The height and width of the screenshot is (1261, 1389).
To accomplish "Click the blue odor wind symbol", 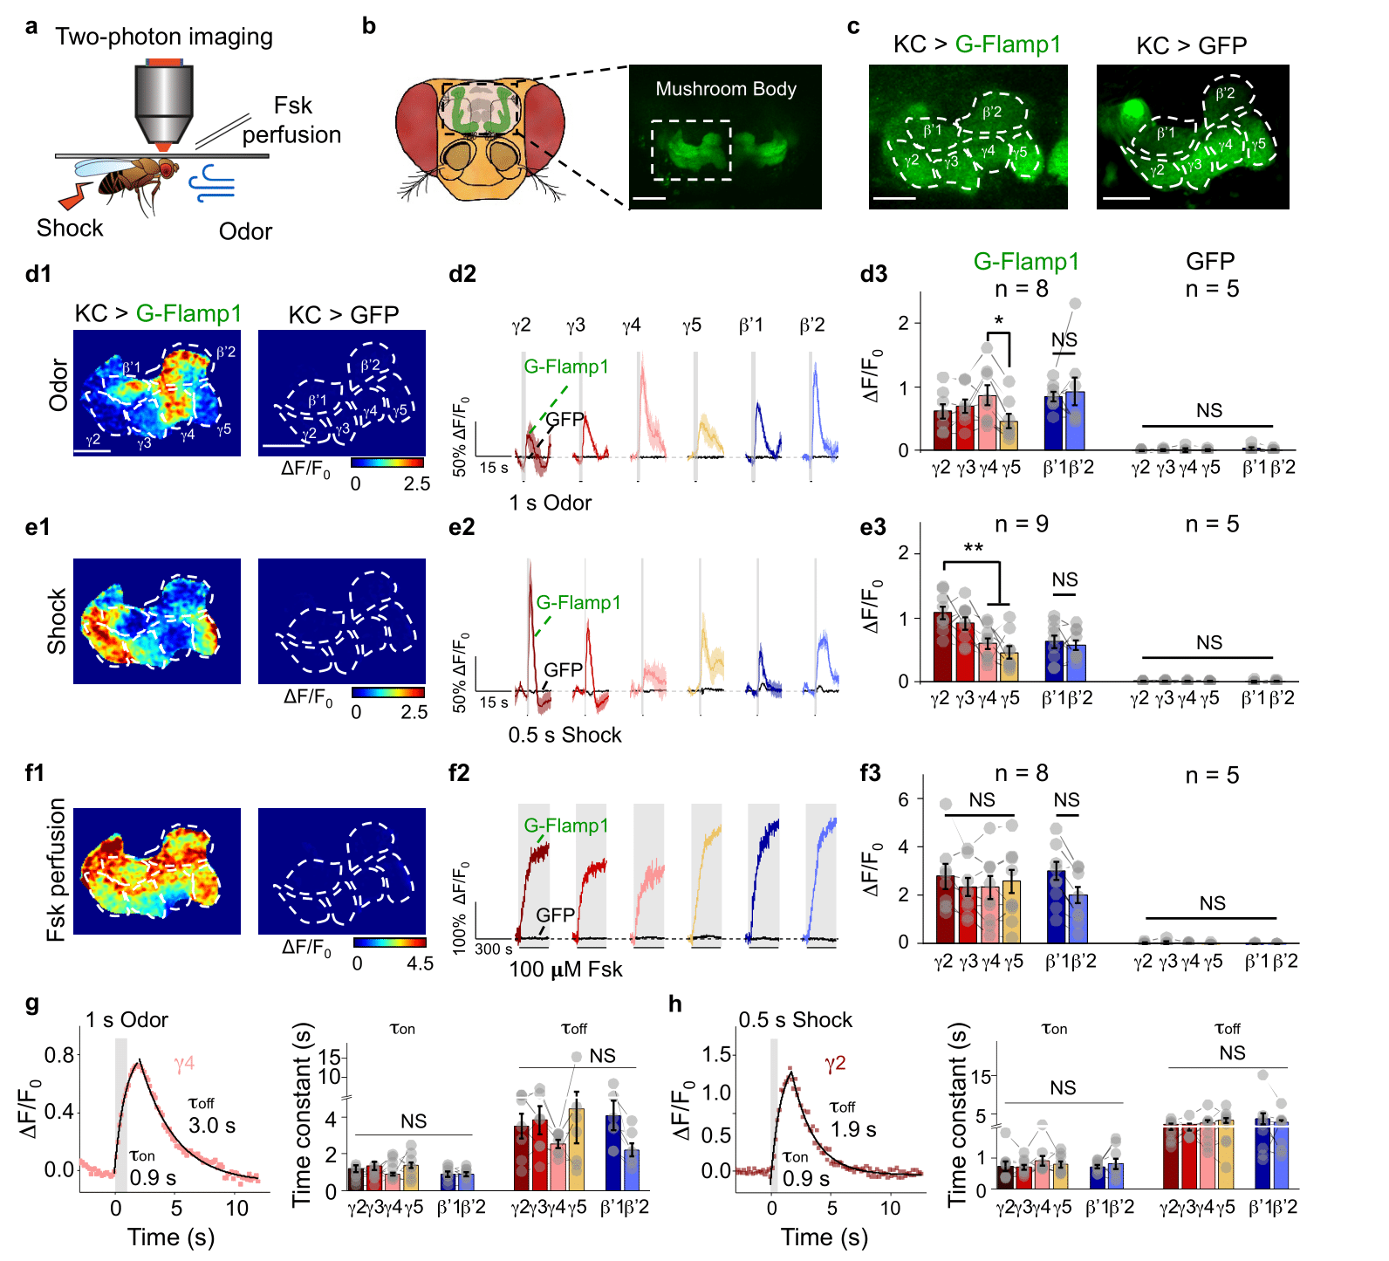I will pos(213,182).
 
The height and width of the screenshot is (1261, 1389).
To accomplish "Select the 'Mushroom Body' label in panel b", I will pos(725,89).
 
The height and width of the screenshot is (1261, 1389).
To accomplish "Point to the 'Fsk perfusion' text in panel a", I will pos(291,120).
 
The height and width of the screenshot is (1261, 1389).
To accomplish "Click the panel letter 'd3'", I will pos(873,274).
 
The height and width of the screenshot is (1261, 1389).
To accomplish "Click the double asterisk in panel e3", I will pos(973,549).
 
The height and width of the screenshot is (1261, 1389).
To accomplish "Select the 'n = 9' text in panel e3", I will pos(1021,524).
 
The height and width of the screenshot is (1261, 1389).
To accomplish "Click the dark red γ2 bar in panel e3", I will pos(942,647).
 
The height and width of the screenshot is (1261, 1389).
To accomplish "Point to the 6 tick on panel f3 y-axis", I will pos(903,799).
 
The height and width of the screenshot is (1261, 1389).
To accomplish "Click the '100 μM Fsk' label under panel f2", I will pos(565,970).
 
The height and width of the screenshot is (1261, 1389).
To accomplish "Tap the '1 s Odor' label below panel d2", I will pos(551,504).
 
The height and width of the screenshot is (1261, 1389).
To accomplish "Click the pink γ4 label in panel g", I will pos(184,1064).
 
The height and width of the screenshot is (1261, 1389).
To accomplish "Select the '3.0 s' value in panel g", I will pos(212,1126).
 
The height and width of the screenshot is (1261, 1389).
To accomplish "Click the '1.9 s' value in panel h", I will pos(852,1129).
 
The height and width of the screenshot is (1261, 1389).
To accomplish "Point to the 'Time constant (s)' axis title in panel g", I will pos(302,1115).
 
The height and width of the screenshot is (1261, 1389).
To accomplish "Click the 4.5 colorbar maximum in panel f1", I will pos(420,963).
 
